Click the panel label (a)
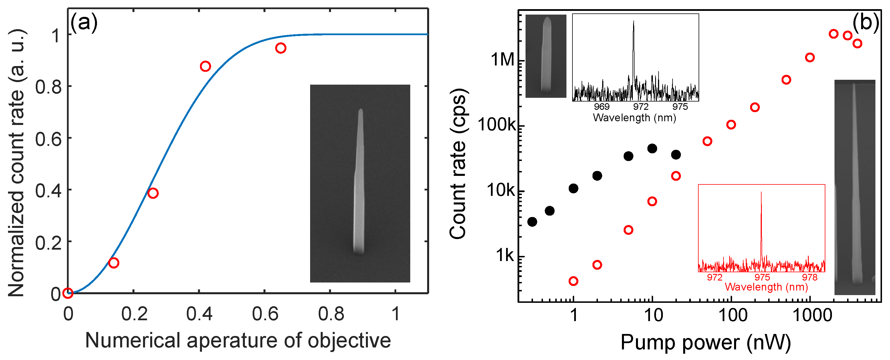[84, 23]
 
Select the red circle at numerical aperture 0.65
[281, 48]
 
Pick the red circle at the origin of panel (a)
[68, 293]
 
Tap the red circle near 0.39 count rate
[153, 193]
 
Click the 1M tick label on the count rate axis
[502, 60]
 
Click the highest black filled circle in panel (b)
[652, 149]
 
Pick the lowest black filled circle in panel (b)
[532, 222]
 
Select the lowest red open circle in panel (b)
[573, 281]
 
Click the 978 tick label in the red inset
[810, 277]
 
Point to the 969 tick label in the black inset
[602, 107]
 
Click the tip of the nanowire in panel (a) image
[361, 110]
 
